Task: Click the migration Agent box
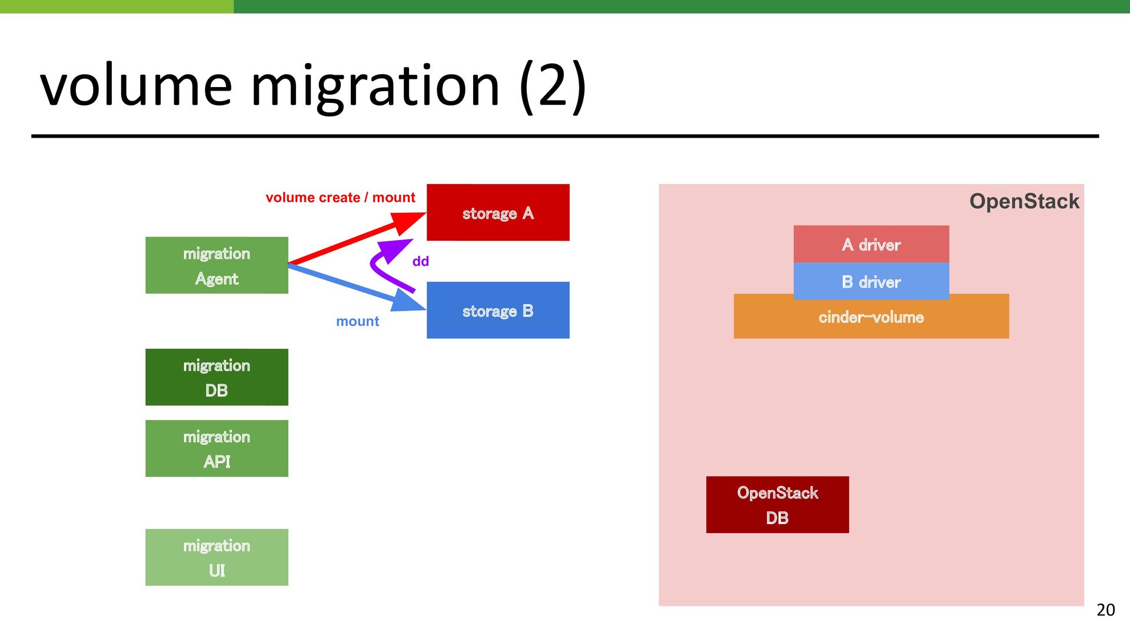tap(217, 265)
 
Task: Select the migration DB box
tap(217, 377)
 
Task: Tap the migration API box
tap(217, 448)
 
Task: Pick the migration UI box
tap(217, 557)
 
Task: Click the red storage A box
tap(498, 212)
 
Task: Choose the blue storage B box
tap(498, 310)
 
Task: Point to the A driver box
tap(871, 244)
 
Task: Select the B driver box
tap(871, 281)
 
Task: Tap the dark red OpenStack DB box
tap(777, 505)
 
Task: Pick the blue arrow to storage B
tap(357, 288)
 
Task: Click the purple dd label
tap(421, 261)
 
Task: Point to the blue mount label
tap(357, 321)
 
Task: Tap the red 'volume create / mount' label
tap(340, 198)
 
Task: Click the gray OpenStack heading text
tap(1024, 201)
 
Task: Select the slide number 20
tap(1106, 610)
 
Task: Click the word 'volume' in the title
tap(137, 86)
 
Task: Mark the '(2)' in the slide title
tap(553, 86)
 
